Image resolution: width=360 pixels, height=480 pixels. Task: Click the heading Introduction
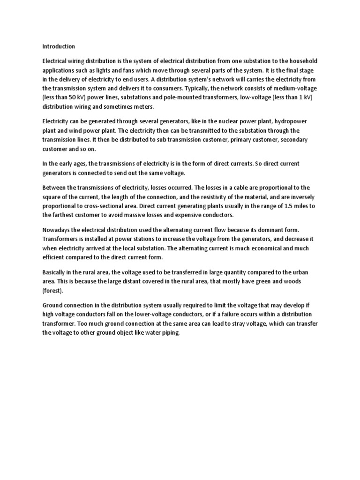click(59, 46)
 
